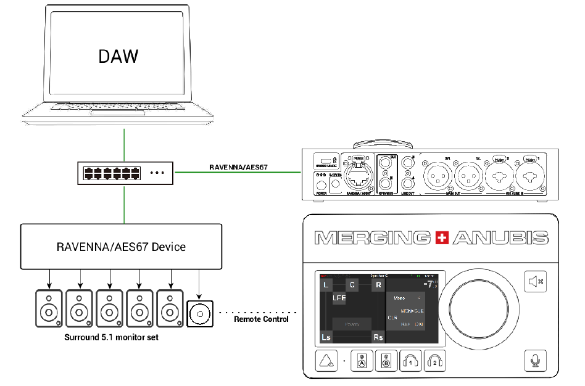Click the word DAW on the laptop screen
[x=118, y=56]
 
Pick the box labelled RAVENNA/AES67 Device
[x=122, y=247]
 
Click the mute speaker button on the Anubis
[x=536, y=282]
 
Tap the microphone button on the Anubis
[x=536, y=360]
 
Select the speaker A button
[x=362, y=361]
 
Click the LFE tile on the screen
[x=339, y=298]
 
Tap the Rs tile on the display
[x=378, y=337]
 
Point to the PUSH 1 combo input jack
[x=529, y=179]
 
